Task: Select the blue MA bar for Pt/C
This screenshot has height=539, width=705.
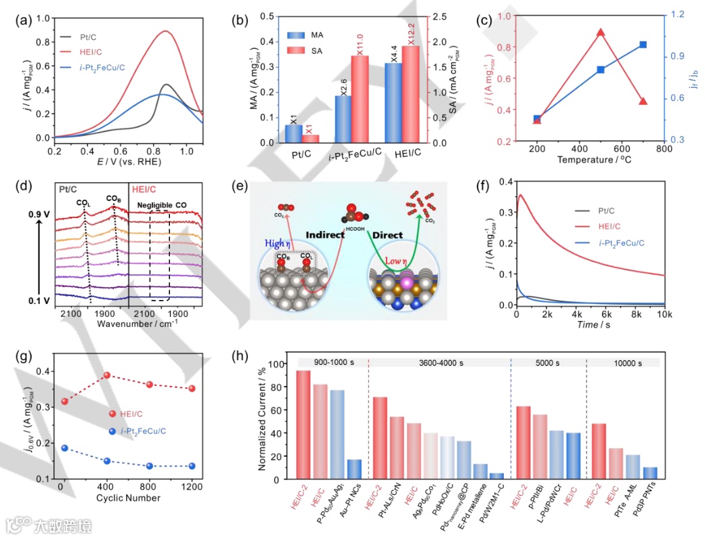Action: [x=293, y=133]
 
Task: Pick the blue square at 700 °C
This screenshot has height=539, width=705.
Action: [x=643, y=45]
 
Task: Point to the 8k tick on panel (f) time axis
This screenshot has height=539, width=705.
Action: [x=636, y=316]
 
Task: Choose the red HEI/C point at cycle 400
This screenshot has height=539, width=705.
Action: [x=106, y=375]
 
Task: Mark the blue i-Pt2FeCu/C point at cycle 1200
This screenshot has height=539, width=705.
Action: [x=192, y=466]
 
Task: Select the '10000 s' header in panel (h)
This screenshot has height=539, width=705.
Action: [x=622, y=363]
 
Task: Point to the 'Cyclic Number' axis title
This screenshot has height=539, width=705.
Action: [x=127, y=498]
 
